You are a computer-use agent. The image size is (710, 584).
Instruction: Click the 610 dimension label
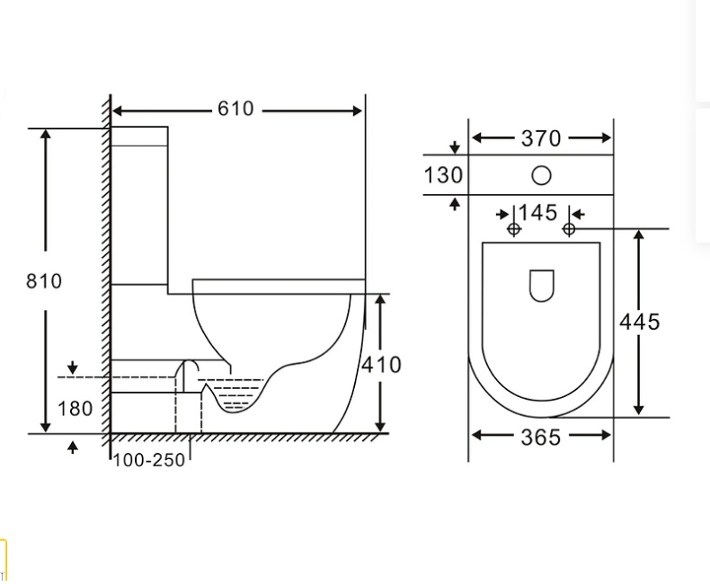(x=235, y=109)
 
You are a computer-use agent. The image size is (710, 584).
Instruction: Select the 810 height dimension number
(x=44, y=281)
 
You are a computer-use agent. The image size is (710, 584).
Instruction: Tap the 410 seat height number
(x=381, y=365)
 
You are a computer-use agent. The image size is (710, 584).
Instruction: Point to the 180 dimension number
(x=75, y=409)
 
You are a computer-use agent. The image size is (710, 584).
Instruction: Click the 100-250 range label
(x=149, y=460)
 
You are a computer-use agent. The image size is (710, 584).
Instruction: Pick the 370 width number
(x=541, y=138)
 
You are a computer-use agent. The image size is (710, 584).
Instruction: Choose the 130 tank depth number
(x=443, y=175)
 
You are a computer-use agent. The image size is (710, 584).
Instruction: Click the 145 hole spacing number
(x=537, y=213)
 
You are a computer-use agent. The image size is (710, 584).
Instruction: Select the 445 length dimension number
(x=639, y=323)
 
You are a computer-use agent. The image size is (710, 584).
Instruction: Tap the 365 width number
(x=541, y=438)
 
